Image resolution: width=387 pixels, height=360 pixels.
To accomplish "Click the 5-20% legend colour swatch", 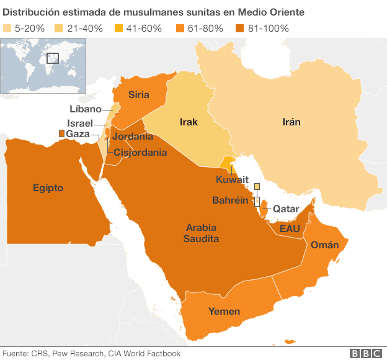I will coord(8,29).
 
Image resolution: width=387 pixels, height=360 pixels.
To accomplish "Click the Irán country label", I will coord(290,122).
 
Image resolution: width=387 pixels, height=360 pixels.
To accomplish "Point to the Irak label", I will coord(189,122).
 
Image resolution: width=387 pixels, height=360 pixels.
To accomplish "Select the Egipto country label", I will coord(48,187).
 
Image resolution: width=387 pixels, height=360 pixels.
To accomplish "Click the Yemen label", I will coord(224,311).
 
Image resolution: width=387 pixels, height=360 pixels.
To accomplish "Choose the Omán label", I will coord(324,245).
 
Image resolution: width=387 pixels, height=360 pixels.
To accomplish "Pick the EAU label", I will coord(290,230).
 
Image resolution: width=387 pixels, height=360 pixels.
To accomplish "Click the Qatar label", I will coord(286,209).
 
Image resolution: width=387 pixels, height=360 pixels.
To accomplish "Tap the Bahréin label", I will coord(231,201).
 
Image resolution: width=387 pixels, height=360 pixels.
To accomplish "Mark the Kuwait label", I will coord(232,180).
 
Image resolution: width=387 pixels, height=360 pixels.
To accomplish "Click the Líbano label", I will coord(86,109).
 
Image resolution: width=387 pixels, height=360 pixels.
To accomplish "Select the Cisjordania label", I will coord(140,152).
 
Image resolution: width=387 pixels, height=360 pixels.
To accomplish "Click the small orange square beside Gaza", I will coord(61,134).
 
